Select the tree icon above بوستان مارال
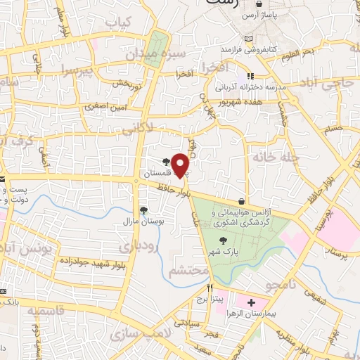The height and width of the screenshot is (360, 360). coord(143,210)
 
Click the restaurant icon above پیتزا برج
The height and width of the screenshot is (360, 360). coord(210,288)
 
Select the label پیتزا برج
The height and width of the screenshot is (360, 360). coord(210,300)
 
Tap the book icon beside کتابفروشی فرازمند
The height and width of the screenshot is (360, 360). coord(245,39)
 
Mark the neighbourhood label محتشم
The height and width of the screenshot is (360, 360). coord(190,271)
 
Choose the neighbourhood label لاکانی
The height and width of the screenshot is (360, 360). coord(138,131)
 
